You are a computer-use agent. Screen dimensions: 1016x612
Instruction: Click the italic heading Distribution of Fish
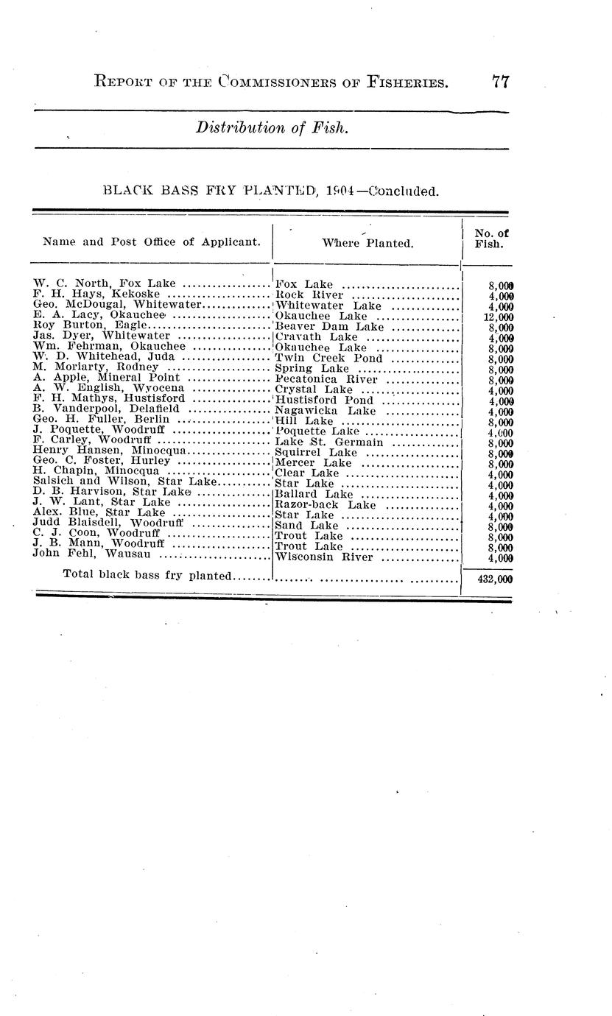pyautogui.click(x=270, y=127)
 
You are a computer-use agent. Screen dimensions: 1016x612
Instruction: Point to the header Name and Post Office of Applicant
pyautogui.click(x=152, y=241)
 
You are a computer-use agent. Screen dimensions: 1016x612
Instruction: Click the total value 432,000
pyautogui.click(x=494, y=579)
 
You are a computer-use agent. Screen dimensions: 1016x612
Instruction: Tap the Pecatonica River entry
pyautogui.click(x=326, y=379)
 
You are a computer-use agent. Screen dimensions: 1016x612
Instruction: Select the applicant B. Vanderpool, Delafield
pyautogui.click(x=108, y=409)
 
